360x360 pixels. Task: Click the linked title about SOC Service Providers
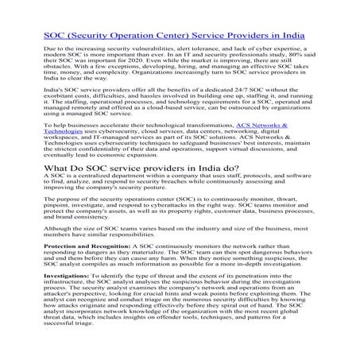point(180,35)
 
